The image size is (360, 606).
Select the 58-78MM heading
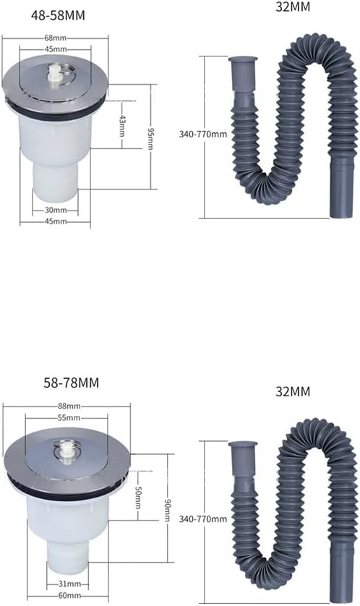(x=69, y=381)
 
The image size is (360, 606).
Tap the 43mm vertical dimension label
(x=122, y=128)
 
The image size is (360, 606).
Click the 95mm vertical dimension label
(x=150, y=137)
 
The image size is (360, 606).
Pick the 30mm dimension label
(x=55, y=210)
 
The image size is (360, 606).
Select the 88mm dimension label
(x=69, y=406)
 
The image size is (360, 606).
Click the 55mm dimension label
(x=69, y=419)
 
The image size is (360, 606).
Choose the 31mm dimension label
(x=69, y=583)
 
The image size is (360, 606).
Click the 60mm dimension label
(x=69, y=595)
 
